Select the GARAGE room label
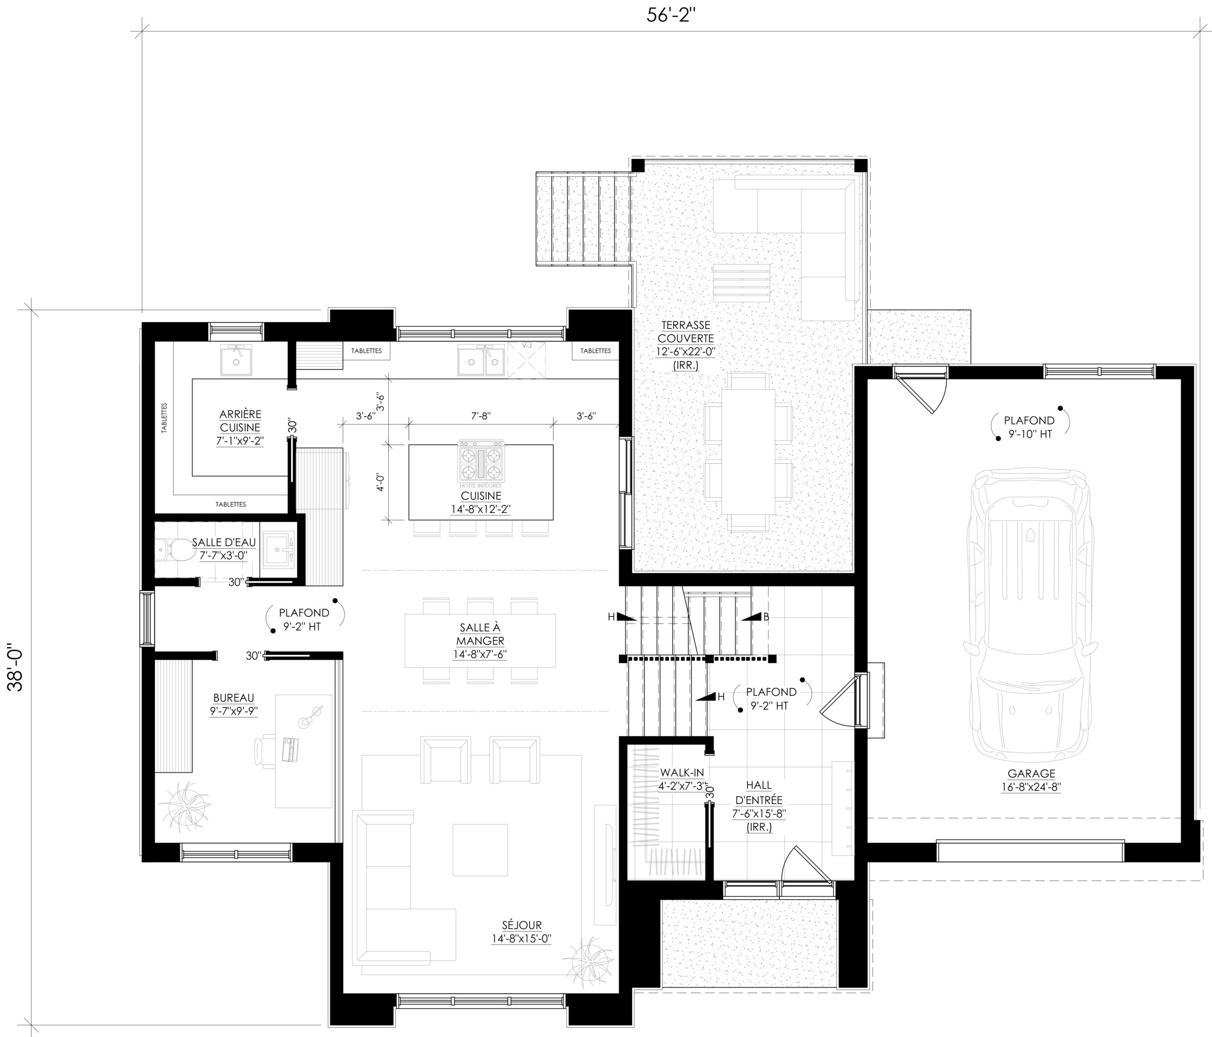tap(1031, 773)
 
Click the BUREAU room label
tap(233, 697)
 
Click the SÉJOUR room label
tap(522, 925)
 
